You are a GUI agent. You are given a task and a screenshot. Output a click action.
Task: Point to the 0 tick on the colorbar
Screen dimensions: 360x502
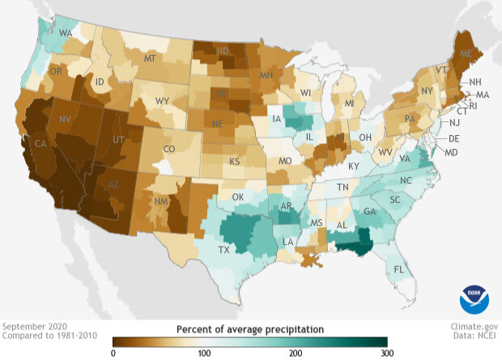point(113,354)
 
